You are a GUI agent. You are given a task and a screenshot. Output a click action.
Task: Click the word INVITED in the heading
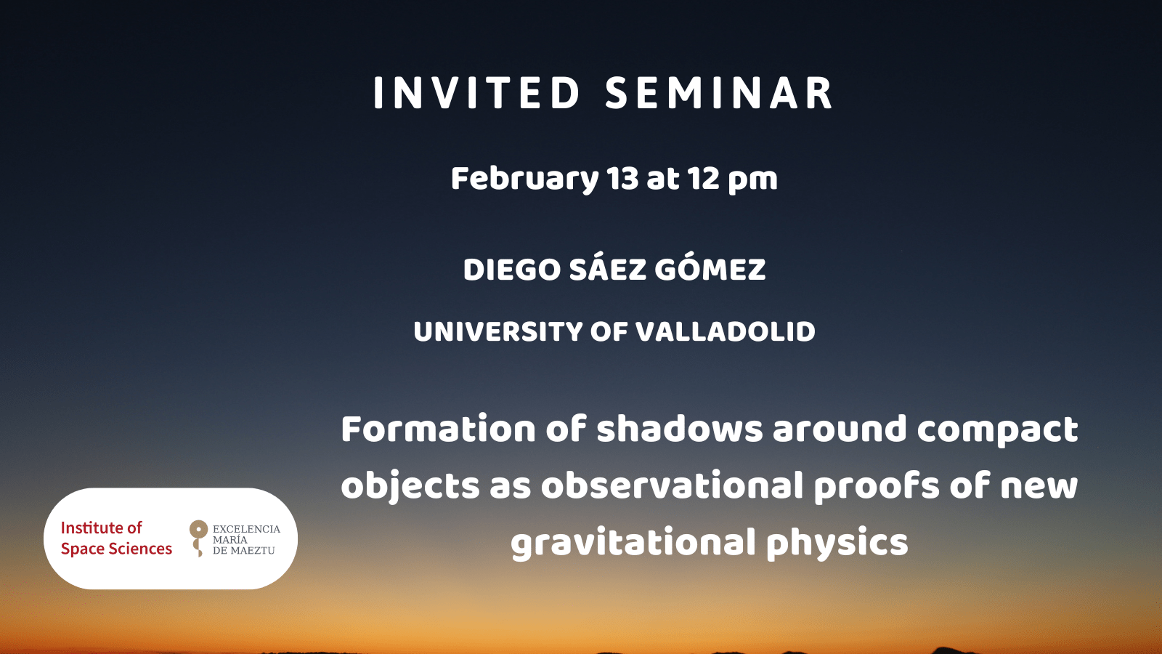point(476,94)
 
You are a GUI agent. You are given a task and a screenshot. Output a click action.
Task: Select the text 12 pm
point(733,179)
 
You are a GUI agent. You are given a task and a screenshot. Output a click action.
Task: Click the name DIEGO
point(511,270)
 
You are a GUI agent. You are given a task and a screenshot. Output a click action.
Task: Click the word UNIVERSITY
point(498,331)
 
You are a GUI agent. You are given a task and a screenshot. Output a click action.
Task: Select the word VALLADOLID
point(726,331)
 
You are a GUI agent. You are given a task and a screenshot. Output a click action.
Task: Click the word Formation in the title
point(438,429)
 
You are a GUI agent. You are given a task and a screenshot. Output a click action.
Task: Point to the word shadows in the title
point(680,429)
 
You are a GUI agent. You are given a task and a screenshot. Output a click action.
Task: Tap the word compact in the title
point(998,432)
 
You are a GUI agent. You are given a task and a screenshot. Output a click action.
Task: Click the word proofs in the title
point(877,488)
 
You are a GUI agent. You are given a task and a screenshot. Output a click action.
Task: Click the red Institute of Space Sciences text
point(116,538)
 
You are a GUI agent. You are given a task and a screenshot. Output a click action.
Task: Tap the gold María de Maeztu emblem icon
point(198,538)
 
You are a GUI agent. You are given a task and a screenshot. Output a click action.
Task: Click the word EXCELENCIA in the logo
point(246,529)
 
